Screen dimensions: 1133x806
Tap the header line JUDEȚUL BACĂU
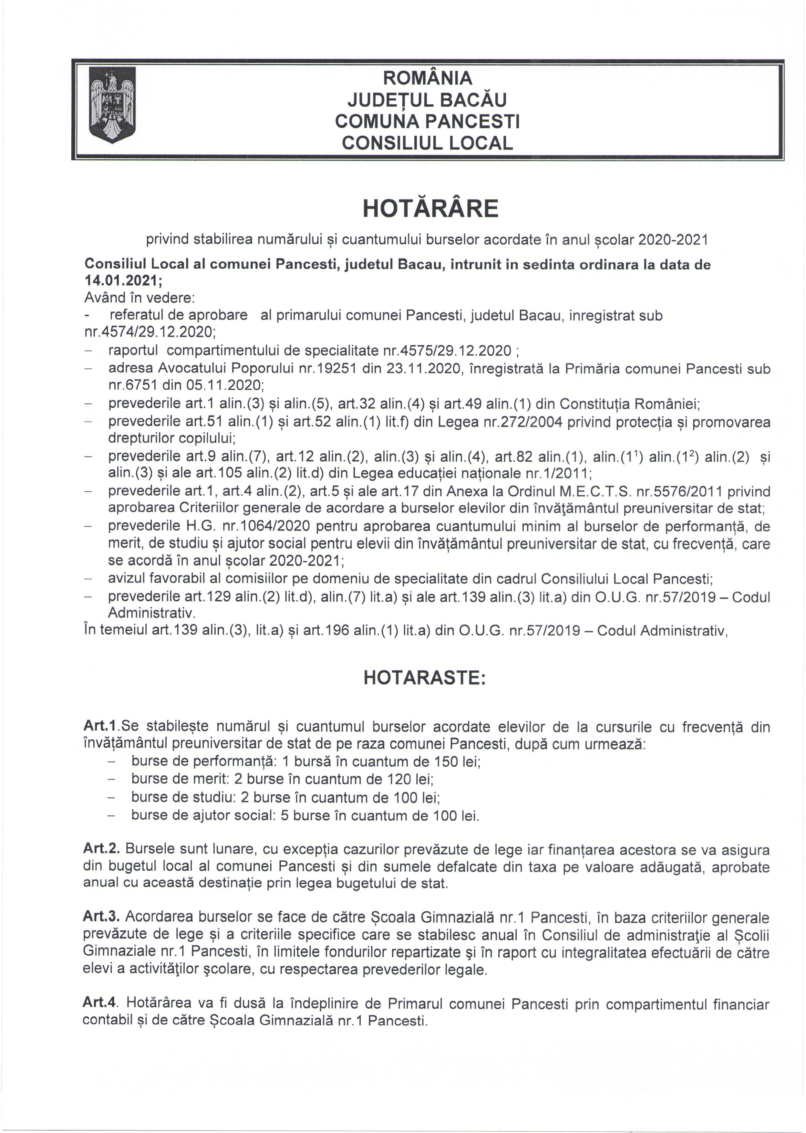(427, 100)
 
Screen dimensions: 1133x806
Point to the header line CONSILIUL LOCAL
(427, 143)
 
